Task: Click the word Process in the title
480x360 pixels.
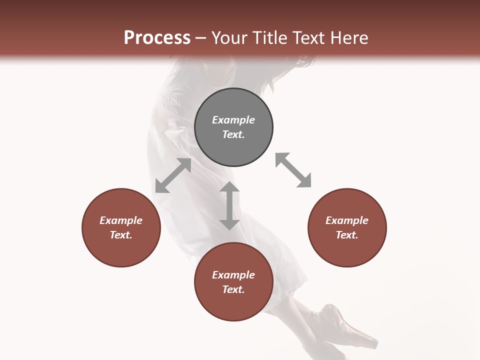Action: click(x=157, y=38)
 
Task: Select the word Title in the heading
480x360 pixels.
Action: click(x=270, y=38)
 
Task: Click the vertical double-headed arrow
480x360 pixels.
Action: click(x=229, y=205)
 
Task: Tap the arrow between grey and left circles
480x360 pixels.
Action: click(x=173, y=175)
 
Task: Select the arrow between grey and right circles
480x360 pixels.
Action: click(x=293, y=170)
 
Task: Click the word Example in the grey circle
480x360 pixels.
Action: click(x=233, y=120)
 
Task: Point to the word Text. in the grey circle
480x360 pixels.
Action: click(x=233, y=134)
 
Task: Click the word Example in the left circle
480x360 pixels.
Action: click(x=121, y=220)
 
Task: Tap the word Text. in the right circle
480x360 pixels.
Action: click(x=347, y=235)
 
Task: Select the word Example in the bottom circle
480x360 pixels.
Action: click(x=233, y=275)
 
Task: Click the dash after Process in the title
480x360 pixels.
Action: click(x=200, y=38)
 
